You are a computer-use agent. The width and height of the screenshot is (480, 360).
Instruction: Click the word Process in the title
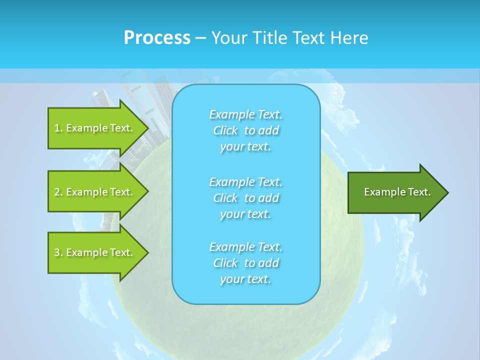tap(157, 38)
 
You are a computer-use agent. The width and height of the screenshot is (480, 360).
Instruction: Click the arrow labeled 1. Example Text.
tap(95, 128)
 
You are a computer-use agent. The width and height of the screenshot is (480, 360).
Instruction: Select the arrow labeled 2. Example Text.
tap(95, 192)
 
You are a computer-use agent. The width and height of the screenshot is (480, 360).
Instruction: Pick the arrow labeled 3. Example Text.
tap(95, 252)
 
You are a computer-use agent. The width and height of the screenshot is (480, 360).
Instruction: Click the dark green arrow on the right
tap(395, 192)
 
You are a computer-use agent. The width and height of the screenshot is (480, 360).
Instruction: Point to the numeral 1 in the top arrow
tap(56, 128)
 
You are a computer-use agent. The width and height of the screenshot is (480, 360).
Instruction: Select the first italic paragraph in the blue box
tap(245, 130)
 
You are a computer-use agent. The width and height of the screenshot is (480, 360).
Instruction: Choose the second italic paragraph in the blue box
tap(245, 197)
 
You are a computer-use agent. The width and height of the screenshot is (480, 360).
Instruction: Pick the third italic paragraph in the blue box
tap(245, 263)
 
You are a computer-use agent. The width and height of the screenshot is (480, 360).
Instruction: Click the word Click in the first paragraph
tap(225, 130)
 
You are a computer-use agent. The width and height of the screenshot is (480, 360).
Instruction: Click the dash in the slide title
tap(200, 38)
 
